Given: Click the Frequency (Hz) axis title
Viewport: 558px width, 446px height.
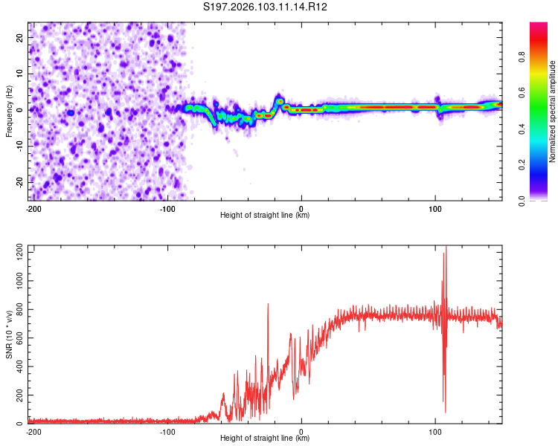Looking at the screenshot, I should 10,110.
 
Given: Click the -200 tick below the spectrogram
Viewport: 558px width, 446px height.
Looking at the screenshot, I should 33,208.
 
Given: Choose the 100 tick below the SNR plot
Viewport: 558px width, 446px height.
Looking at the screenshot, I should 435,431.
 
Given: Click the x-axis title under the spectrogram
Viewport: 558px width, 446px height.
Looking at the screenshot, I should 265,216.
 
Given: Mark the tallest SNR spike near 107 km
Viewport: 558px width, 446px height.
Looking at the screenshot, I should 446,248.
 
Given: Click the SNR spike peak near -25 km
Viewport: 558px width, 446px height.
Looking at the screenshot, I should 268,304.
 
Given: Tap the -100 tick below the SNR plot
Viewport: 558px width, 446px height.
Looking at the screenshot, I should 167,431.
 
